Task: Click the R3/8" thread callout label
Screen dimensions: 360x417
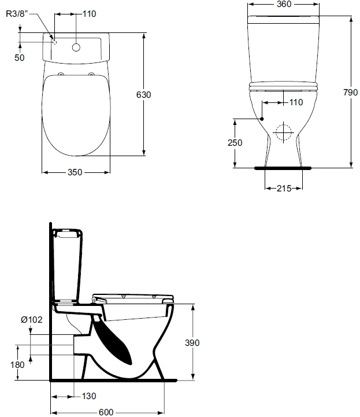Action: point(17,14)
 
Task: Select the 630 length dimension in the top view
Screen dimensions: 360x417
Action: point(143,95)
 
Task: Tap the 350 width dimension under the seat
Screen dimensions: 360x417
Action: point(75,172)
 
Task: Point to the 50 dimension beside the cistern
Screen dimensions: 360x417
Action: point(20,58)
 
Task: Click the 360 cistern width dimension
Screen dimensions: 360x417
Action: point(284,4)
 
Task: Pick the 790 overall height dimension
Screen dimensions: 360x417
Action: point(350,93)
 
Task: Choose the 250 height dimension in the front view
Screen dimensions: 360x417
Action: point(235,142)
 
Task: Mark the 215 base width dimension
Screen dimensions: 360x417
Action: point(284,189)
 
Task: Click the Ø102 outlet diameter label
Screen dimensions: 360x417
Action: point(32,319)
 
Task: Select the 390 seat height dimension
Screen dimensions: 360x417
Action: point(192,342)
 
